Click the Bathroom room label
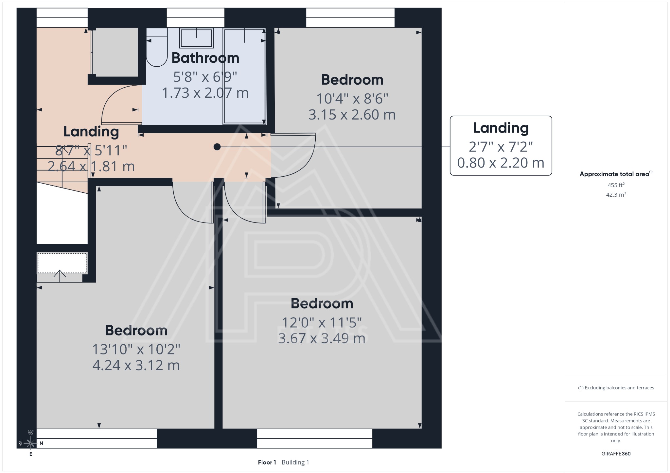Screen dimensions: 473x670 [205, 58]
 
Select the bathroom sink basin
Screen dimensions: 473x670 [196, 38]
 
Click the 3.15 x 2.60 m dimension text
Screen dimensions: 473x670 [352, 115]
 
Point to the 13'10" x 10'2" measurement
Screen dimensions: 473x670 [136, 350]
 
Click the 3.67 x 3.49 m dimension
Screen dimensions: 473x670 [322, 338]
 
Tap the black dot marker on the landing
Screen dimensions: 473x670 [217, 147]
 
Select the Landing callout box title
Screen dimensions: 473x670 [501, 128]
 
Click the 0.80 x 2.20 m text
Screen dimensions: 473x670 [501, 163]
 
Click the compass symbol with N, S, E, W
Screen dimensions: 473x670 [31, 443]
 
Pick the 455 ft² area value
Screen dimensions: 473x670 [616, 185]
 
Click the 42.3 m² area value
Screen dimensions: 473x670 [616, 195]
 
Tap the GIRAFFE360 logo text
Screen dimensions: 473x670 [616, 453]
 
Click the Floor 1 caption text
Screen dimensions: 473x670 [267, 462]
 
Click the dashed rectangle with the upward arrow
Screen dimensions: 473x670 [62, 263]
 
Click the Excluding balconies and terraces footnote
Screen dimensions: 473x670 [616, 388]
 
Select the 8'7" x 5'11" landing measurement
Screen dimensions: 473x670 [91, 151]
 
